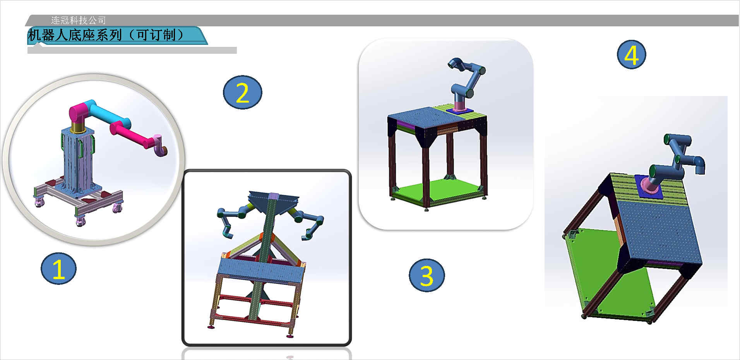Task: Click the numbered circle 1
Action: [x=58, y=269]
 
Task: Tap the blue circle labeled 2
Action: [x=242, y=93]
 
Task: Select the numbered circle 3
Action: [x=427, y=275]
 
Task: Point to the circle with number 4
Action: [x=631, y=55]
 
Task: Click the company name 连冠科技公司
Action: [x=78, y=20]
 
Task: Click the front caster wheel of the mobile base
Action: [x=80, y=221]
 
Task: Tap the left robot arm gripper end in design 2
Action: [x=227, y=231]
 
